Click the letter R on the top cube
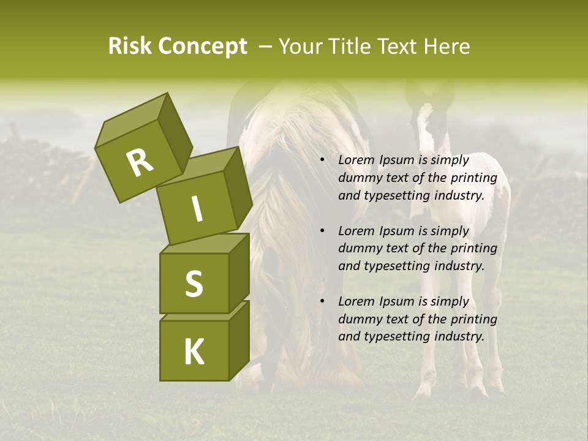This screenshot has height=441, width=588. [x=140, y=163]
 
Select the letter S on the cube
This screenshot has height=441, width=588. [x=194, y=284]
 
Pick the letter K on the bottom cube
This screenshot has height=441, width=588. [x=194, y=352]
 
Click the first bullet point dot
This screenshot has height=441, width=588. [x=323, y=160]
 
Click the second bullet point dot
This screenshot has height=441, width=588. [x=323, y=232]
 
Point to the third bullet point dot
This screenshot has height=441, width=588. [x=323, y=302]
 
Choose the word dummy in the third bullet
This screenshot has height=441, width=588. [x=359, y=319]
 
